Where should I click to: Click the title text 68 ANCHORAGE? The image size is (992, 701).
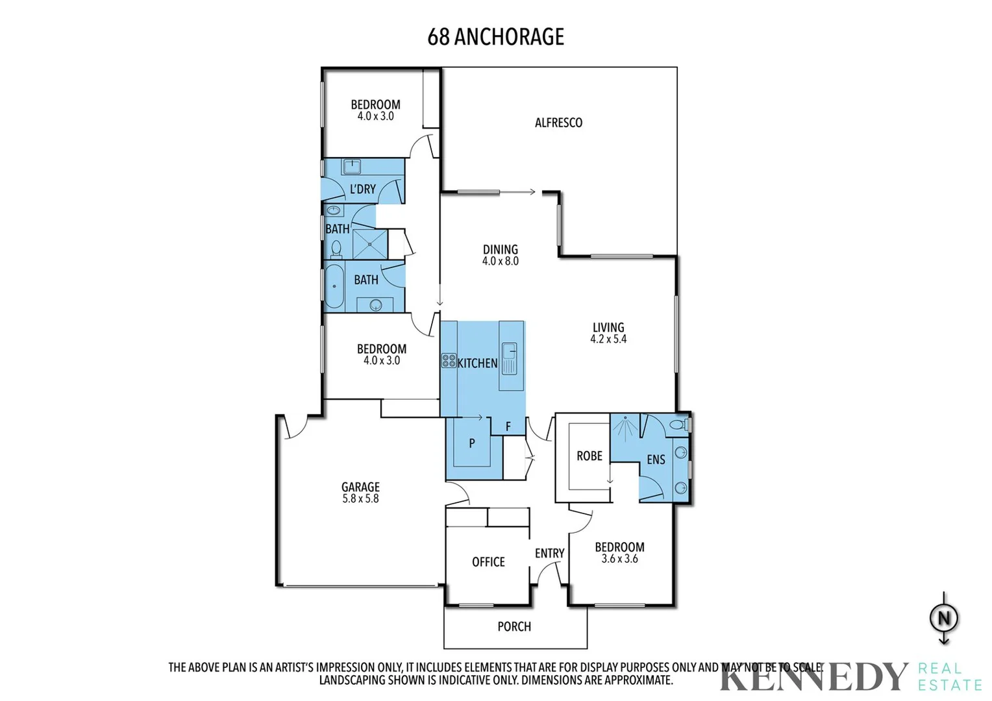tap(495, 37)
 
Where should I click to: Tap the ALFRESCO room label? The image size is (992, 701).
tap(558, 123)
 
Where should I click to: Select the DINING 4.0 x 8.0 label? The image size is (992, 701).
tap(500, 255)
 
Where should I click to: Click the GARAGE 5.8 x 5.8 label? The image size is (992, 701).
tap(360, 493)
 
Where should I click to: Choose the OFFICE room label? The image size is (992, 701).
tap(488, 562)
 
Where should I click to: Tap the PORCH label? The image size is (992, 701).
tap(514, 626)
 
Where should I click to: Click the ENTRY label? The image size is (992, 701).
tap(549, 553)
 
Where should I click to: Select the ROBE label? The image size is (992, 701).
tap(589, 456)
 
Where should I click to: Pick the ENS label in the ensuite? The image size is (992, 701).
tap(656, 460)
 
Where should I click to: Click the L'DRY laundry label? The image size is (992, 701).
tap(362, 189)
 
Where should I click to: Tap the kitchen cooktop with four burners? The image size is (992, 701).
tap(449, 361)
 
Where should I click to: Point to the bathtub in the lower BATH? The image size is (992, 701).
tap(334, 286)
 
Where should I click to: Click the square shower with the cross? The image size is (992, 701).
tap(369, 244)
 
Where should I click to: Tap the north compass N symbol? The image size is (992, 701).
tap(944, 618)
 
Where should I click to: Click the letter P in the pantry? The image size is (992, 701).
tap(472, 443)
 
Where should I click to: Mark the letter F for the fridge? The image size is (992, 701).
tap(508, 426)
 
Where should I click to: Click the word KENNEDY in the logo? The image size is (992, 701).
tap(814, 677)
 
